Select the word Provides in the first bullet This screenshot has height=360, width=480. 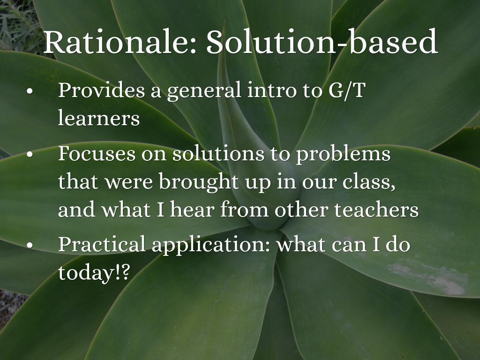click(101, 90)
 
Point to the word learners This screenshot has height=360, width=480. click(99, 118)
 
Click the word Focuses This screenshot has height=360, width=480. click(97, 153)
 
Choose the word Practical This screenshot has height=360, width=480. click(102, 244)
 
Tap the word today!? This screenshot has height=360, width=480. click(94, 272)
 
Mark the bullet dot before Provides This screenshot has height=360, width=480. click(30, 91)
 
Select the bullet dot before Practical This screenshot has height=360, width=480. click(30, 245)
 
